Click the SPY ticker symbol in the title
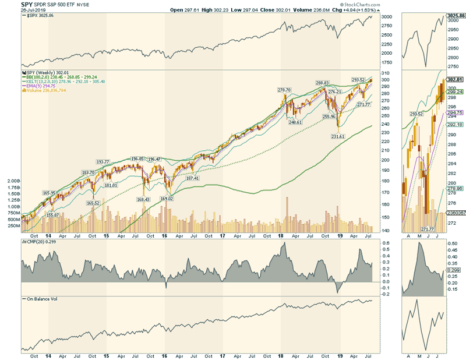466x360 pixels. click(27, 4)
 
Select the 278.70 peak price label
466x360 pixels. click(284, 90)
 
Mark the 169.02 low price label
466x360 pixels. click(168, 199)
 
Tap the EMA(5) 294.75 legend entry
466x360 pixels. click(44, 85)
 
